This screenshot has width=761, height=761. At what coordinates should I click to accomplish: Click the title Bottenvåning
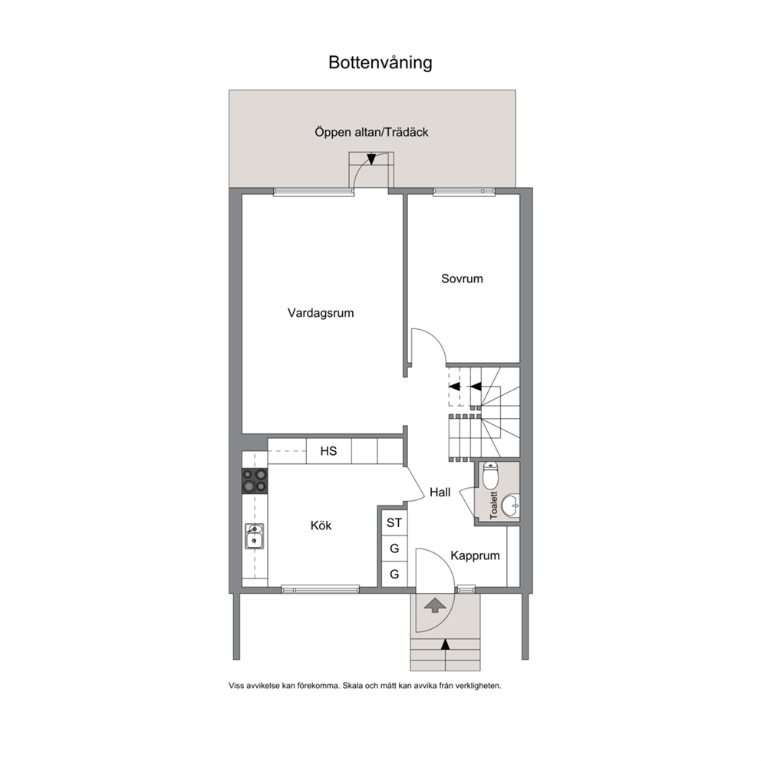(x=380, y=63)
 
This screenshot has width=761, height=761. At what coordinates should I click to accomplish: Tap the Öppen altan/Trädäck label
(x=371, y=132)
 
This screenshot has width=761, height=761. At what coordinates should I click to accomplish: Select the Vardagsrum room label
(x=321, y=313)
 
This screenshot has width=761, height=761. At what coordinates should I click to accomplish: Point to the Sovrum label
(x=462, y=278)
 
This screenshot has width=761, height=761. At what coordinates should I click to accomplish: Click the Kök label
(x=321, y=525)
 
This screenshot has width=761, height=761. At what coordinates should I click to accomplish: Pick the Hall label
(x=440, y=493)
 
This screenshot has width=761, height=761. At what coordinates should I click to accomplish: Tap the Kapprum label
(x=475, y=555)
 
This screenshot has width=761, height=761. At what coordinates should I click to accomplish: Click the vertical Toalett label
(x=494, y=506)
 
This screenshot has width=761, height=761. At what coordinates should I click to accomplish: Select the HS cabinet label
(x=328, y=451)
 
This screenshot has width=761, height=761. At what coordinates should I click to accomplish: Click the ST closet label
(x=394, y=522)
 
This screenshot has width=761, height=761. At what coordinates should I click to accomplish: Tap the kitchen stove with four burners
(x=255, y=480)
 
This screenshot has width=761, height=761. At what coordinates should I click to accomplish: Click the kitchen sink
(x=254, y=536)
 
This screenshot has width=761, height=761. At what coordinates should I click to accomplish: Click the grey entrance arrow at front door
(x=435, y=606)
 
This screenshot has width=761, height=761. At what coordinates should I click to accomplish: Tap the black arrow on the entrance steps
(x=445, y=645)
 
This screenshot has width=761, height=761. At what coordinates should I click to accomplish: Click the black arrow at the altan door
(x=371, y=160)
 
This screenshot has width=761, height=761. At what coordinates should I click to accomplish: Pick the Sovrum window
(x=464, y=193)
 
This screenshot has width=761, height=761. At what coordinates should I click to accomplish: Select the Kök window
(x=321, y=590)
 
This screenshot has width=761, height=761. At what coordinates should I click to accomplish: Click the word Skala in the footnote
(x=352, y=686)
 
